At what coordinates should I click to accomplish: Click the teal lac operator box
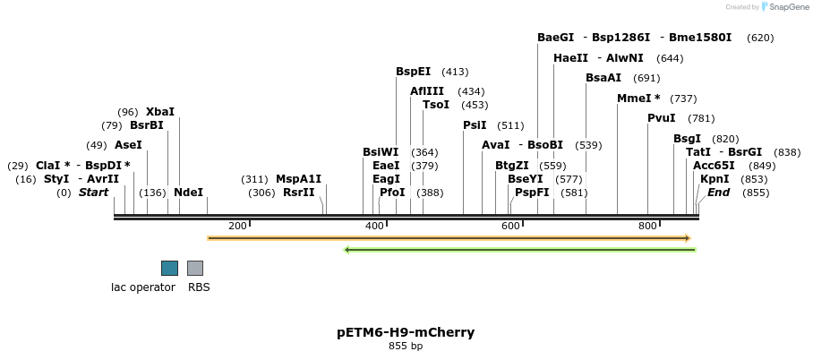click(x=169, y=268)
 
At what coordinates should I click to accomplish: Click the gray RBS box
click(x=195, y=268)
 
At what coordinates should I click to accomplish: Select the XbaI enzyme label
click(x=160, y=112)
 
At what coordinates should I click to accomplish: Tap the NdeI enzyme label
click(x=188, y=193)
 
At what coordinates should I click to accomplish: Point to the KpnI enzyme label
click(x=715, y=179)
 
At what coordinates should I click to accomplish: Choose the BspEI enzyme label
click(x=413, y=72)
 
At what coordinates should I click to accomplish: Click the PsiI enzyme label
click(x=475, y=125)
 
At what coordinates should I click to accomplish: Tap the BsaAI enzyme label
click(x=603, y=78)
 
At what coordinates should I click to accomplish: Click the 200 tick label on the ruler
click(x=237, y=226)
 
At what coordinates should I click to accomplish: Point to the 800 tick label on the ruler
click(x=648, y=226)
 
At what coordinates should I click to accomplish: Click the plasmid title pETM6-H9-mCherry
click(x=406, y=332)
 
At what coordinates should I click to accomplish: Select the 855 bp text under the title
click(x=406, y=346)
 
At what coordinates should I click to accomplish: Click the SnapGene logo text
click(x=785, y=7)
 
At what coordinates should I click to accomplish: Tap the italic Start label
click(x=93, y=193)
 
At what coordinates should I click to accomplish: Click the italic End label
click(x=719, y=193)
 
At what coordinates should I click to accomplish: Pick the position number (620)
click(x=760, y=38)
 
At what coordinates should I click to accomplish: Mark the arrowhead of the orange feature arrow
click(x=687, y=238)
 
